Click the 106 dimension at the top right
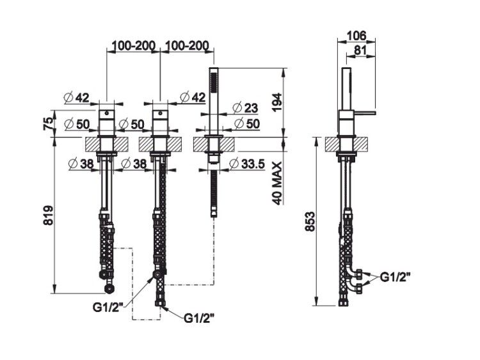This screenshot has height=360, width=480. click(x=357, y=35)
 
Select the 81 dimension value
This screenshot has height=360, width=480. click(x=360, y=50)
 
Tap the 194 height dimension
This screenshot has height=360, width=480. click(x=278, y=102)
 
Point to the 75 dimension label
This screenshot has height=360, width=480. click(x=49, y=123)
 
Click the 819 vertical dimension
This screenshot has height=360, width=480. click(x=49, y=215)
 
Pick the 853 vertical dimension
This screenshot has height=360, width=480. click(x=310, y=221)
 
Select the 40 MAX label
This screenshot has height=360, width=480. click(x=276, y=184)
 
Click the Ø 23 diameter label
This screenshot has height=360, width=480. click(x=245, y=108)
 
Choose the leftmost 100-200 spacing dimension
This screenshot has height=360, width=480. click(x=134, y=45)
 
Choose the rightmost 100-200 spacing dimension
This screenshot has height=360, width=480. click(x=187, y=45)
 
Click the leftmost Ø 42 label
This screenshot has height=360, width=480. click(x=77, y=98)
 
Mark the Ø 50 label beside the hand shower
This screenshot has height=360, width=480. click(x=247, y=124)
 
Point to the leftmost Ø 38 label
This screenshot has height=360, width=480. click(x=81, y=164)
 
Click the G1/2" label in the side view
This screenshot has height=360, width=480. click(x=396, y=278)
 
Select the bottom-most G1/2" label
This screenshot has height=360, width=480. click(x=198, y=318)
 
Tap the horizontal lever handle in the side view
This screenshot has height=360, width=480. click(x=364, y=113)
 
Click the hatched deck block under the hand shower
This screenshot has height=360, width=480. click(x=214, y=145)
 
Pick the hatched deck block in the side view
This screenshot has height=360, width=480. click(x=346, y=145)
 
